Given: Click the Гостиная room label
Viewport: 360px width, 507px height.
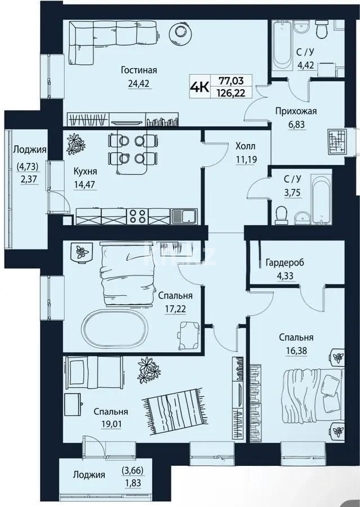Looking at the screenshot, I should tap(138, 70).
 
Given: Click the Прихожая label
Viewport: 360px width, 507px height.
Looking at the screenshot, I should tap(296, 111).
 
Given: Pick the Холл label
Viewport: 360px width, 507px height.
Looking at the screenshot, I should tap(245, 146).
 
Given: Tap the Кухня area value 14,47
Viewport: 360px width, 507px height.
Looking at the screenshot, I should tap(85, 183).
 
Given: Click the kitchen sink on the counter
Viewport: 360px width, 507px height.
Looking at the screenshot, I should tap(184, 215).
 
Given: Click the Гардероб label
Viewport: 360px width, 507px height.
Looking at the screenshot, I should tap(280, 262).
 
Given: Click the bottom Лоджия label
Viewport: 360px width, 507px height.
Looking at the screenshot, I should tap(88, 474).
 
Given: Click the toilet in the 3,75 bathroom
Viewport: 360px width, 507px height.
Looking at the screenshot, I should tap(282, 213).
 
